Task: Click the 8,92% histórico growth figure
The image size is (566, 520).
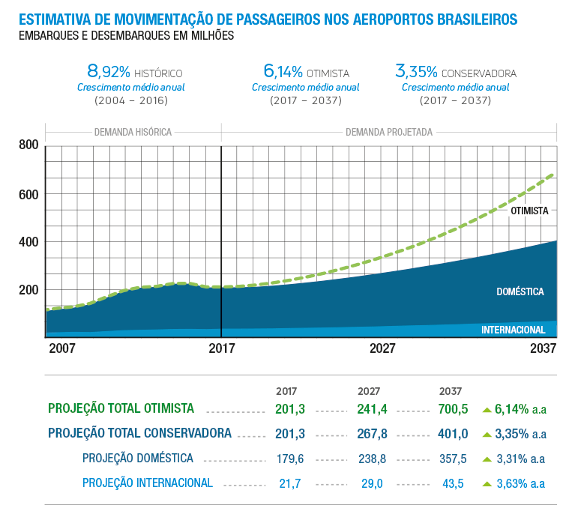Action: [109, 72]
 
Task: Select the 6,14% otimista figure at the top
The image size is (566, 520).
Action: [283, 72]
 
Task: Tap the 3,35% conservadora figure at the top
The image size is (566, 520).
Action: [416, 72]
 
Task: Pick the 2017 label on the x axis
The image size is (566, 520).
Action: [222, 348]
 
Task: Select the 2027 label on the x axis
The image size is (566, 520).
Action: [382, 348]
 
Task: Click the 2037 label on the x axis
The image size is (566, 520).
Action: [543, 348]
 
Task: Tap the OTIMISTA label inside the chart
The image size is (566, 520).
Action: [529, 211]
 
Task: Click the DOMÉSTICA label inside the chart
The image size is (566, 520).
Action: [520, 291]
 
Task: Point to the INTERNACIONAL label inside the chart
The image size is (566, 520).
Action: [513, 330]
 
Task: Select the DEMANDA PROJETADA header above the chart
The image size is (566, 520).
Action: [388, 132]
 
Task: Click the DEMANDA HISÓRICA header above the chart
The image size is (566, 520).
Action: [133, 132]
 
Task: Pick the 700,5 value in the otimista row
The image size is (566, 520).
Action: [454, 409]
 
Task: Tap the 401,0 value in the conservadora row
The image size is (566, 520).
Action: [454, 434]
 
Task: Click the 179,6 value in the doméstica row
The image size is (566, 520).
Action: [290, 459]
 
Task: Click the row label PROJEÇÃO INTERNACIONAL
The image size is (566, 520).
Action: [148, 483]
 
